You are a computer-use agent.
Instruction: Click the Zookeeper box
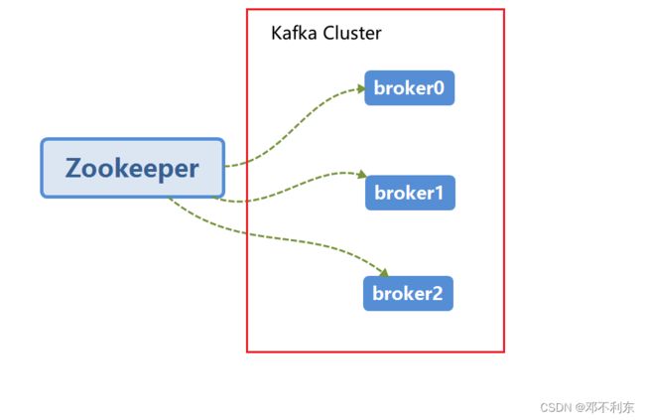tap(132, 168)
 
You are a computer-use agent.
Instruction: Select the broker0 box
tap(409, 87)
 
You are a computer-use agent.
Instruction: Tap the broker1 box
tap(410, 193)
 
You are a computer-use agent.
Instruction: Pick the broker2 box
tap(408, 294)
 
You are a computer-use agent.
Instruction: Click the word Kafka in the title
tap(294, 33)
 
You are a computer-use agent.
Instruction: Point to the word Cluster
tap(352, 33)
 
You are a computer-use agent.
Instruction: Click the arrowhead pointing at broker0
tap(361, 88)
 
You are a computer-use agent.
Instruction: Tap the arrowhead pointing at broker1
tap(362, 175)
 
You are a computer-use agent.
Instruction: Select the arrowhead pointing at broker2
tap(384, 273)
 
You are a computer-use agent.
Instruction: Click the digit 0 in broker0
tap(439, 88)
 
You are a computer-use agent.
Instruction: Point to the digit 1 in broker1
tap(439, 193)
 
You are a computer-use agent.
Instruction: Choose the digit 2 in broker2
tap(437, 294)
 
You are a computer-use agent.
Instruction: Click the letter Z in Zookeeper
tap(73, 168)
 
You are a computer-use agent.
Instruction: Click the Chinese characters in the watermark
tap(610, 407)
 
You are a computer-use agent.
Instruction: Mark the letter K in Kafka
tap(276, 33)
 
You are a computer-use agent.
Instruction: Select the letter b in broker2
tap(378, 293)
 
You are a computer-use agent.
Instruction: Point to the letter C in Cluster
tap(329, 33)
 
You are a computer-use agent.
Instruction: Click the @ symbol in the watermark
tap(580, 408)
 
